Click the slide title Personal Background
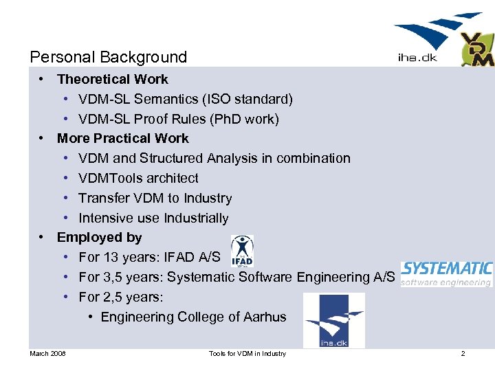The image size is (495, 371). [109, 57]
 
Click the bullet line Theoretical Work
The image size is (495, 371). [112, 80]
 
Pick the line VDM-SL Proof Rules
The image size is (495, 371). [179, 120]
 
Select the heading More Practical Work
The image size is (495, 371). [122, 139]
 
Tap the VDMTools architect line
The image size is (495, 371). [138, 179]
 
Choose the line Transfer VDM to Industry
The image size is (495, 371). [155, 199]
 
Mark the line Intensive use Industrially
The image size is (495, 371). [153, 218]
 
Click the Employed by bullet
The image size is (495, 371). [99, 238]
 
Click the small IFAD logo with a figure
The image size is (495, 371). [241, 251]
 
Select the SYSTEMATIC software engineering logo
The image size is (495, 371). [446, 273]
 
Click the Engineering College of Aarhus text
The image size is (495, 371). [193, 317]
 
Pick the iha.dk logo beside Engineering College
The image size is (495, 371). [333, 320]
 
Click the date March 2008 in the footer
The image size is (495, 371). [47, 354]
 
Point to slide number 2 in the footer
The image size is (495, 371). [463, 354]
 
